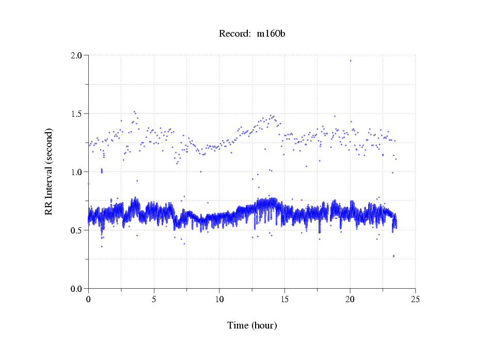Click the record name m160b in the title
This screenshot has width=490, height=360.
click(272, 34)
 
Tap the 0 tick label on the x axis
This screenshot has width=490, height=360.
click(88, 299)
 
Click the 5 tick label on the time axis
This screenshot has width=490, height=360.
click(154, 299)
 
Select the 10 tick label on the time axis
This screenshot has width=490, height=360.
click(219, 299)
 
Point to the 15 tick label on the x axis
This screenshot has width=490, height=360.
click(284, 299)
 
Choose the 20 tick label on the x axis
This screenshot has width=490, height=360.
click(350, 299)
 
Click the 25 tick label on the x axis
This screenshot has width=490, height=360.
click(416, 299)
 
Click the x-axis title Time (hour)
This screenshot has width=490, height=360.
click(252, 326)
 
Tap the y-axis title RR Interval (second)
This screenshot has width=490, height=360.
click(49, 172)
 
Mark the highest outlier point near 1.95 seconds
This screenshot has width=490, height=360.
click(351, 60)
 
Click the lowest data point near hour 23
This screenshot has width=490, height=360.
click(393, 256)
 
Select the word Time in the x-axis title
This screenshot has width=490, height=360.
click(238, 326)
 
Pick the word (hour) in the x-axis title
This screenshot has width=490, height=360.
click(263, 326)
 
